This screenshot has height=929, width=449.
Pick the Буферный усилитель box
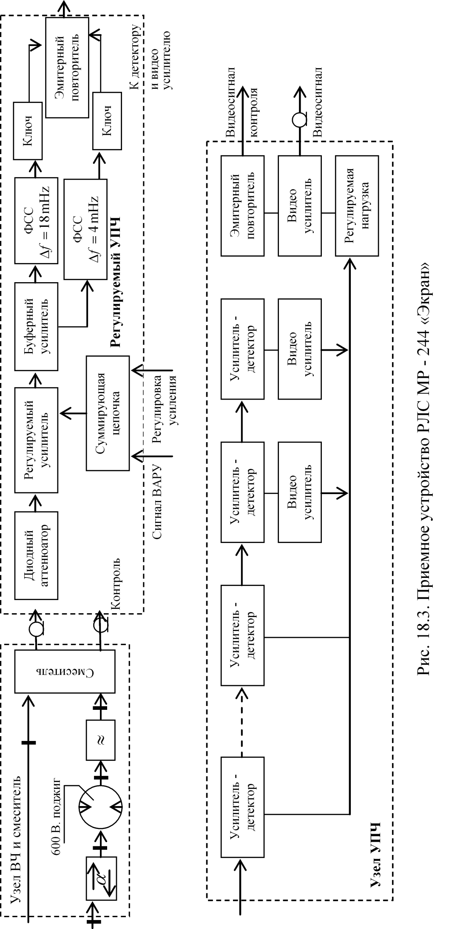36,326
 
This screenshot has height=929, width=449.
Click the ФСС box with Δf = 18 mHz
36,220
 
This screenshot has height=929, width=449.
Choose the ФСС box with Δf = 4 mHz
85,229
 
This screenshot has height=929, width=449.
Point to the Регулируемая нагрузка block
357,206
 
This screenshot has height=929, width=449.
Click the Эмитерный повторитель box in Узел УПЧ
242,206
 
